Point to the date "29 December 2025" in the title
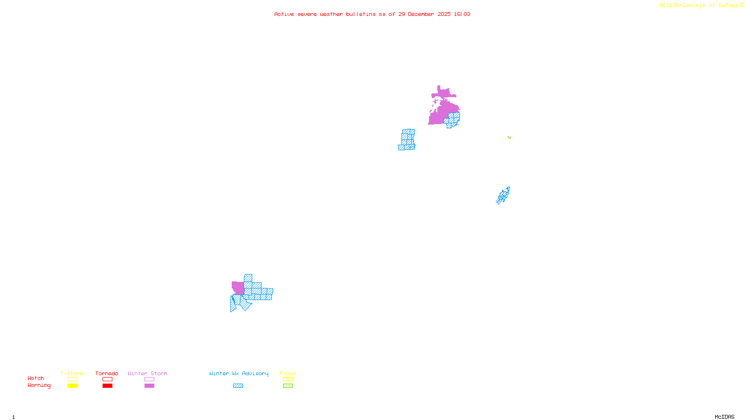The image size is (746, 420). click(424, 14)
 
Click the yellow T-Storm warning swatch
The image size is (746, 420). click(72, 386)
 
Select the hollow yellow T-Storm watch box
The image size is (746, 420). click(72, 379)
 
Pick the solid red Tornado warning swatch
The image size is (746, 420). click(107, 386)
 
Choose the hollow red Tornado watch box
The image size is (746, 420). click(107, 379)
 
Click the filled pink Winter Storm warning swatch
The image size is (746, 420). click(149, 386)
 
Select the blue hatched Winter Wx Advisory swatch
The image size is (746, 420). click(238, 386)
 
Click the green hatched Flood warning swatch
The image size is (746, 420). click(288, 386)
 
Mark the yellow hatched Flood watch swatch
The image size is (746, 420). click(288, 379)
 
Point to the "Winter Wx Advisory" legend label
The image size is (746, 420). click(239, 373)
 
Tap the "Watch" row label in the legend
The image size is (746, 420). click(36, 378)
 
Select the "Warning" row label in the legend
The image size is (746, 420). click(39, 385)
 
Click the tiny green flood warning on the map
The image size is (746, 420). click(509, 138)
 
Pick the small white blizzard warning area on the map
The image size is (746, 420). click(233, 293)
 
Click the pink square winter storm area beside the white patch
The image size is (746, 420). click(238, 287)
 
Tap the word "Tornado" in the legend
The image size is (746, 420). click(107, 373)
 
